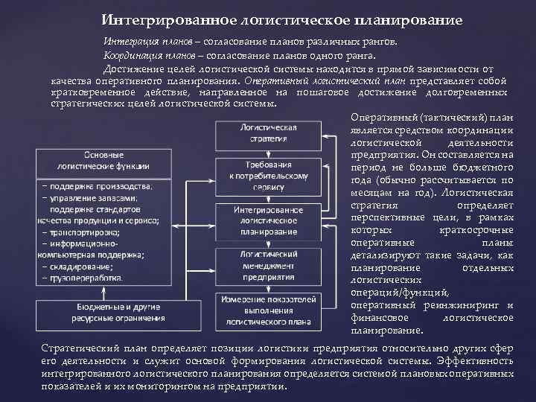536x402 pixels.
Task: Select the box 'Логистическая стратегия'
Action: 269,133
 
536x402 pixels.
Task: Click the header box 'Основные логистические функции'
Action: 104,161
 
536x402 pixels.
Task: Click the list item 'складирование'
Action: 83,265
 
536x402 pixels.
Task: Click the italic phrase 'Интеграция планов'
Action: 141,42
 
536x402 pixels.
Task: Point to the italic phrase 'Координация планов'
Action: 143,55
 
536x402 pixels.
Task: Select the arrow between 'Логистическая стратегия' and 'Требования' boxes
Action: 269,153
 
